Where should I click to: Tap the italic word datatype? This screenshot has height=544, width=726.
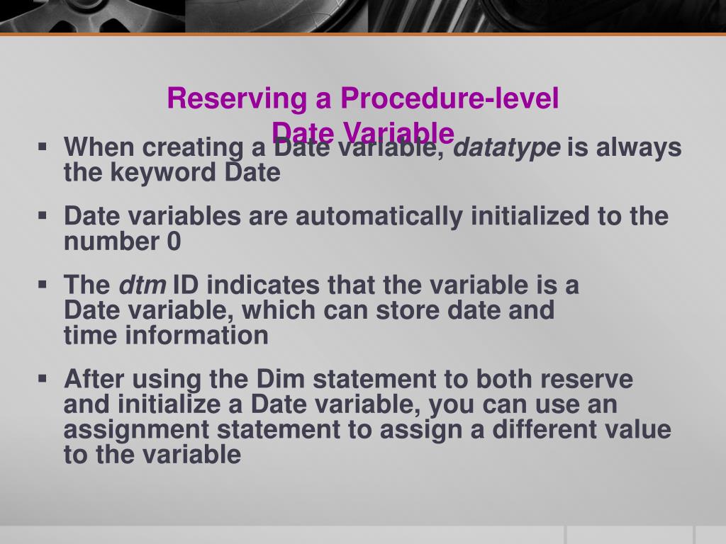coord(506,149)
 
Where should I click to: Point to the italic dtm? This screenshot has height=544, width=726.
coord(142,286)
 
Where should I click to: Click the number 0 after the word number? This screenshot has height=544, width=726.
coord(174,242)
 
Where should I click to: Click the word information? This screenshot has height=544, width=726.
coord(197,336)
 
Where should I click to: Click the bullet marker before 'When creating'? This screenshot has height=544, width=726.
coord(44,147)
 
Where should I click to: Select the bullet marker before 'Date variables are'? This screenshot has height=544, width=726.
coord(44,215)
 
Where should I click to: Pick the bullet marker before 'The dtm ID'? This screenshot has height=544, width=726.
coord(44,285)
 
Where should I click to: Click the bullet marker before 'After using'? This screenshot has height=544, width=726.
coord(44,378)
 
